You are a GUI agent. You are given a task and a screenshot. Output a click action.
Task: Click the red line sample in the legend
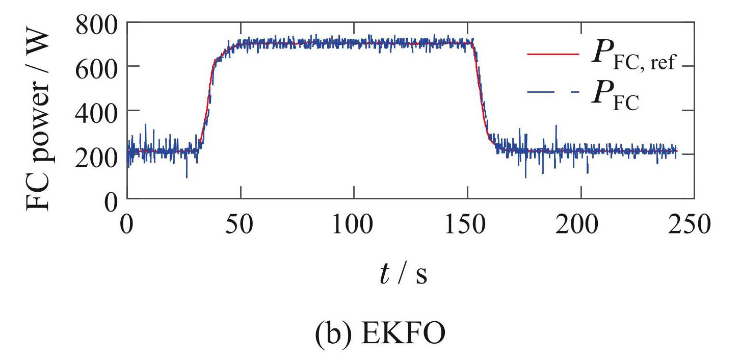(x=553, y=54)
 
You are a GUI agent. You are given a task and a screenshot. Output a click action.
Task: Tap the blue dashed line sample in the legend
(x=553, y=92)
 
